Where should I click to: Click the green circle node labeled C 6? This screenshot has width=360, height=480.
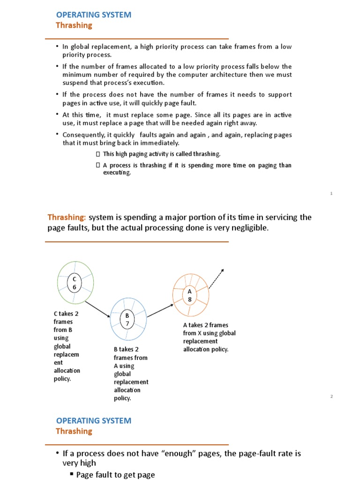click(75, 282)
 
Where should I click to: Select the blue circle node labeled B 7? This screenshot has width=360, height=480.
click(127, 319)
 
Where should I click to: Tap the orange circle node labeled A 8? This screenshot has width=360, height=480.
click(190, 295)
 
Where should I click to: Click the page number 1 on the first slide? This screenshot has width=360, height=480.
click(331, 194)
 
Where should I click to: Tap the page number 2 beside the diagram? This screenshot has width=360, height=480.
click(331, 397)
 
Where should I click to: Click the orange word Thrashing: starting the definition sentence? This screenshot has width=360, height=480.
click(67, 217)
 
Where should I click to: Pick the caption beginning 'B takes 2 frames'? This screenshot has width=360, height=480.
click(131, 374)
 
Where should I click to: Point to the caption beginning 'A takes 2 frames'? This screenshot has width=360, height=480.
click(209, 337)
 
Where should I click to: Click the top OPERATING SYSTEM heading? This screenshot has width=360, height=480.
click(94, 15)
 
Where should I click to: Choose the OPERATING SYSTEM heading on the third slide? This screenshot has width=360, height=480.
click(94, 420)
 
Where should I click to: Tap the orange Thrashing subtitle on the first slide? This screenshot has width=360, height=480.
click(74, 26)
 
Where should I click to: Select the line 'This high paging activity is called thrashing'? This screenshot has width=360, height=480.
click(161, 154)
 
